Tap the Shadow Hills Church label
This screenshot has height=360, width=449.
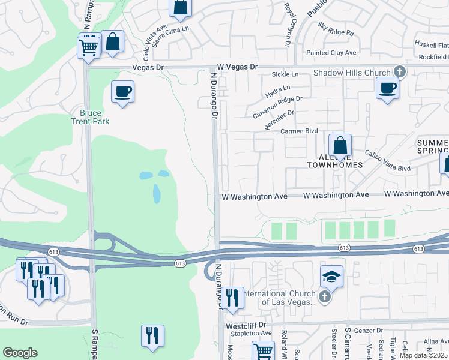[x=352, y=73]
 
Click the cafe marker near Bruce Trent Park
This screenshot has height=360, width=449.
[x=123, y=92]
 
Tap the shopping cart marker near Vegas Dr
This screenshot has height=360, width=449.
[x=88, y=47]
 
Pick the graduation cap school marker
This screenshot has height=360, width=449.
[x=331, y=277]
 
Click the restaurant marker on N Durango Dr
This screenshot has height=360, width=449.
[x=232, y=298]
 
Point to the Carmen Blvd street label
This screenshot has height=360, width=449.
[x=298, y=131]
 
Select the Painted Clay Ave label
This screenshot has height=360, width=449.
[x=331, y=53]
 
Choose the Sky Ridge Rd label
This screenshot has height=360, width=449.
[x=336, y=30]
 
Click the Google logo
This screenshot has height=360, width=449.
[x=20, y=353]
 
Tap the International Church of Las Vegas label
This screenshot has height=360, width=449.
[x=277, y=298]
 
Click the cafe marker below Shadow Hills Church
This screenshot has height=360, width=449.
[x=387, y=88]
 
